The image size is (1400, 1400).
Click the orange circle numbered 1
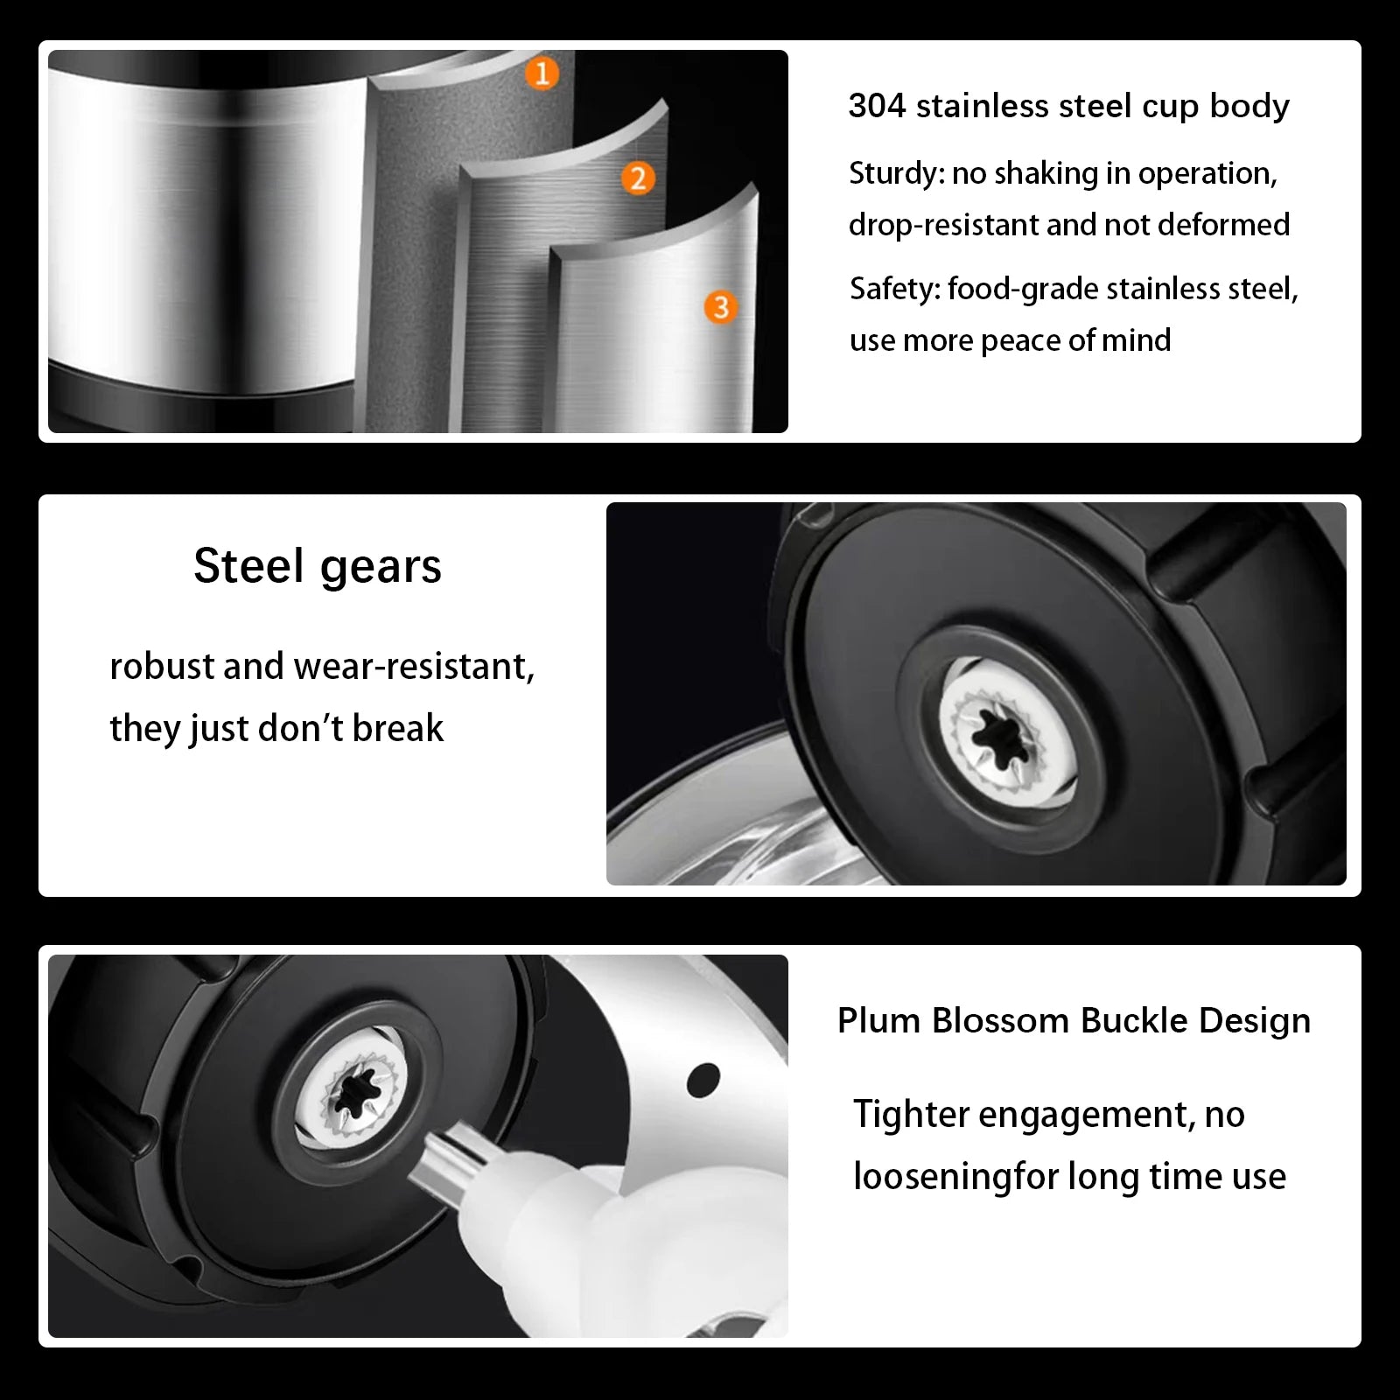coord(542,73)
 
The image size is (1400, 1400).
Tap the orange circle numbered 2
coord(638,178)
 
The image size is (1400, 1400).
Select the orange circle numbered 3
coord(721,307)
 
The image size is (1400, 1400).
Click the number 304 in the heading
coord(876,106)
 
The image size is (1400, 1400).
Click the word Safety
coord(892,289)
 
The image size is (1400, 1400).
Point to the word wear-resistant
coord(414,667)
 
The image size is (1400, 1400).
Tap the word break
coord(397,728)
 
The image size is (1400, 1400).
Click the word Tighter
coord(911,1115)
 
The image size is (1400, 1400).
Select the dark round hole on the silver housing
coord(703,1080)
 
